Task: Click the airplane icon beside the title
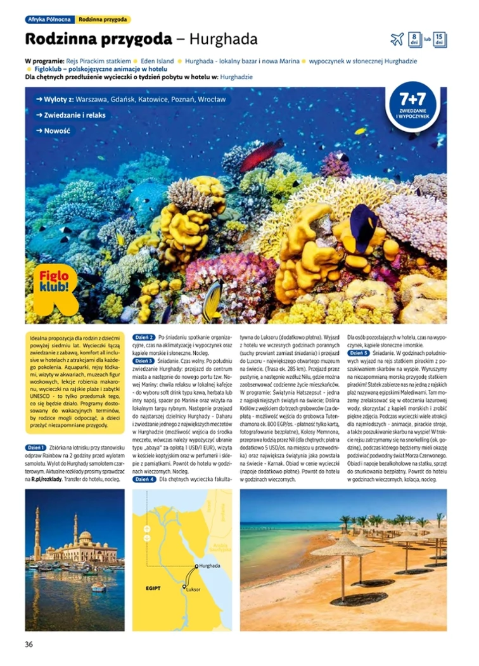(397, 39)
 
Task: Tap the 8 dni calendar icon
(414, 39)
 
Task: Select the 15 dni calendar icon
(440, 39)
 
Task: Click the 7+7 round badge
(412, 105)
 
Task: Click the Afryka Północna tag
(49, 20)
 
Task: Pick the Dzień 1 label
(36, 448)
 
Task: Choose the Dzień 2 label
(144, 336)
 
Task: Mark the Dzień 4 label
(144, 480)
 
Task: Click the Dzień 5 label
(359, 352)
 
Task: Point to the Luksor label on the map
(193, 589)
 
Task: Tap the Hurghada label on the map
(209, 565)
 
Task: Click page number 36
(29, 644)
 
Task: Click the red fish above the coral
(261, 154)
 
